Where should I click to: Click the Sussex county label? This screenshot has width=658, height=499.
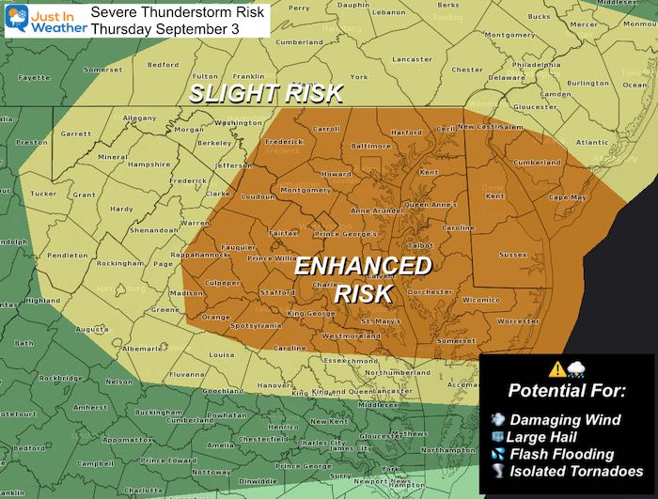click(511, 254)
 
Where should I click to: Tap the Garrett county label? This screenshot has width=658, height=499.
click(76, 133)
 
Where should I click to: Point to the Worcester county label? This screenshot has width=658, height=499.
click(519, 321)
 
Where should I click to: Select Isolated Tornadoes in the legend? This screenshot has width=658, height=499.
click(574, 471)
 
